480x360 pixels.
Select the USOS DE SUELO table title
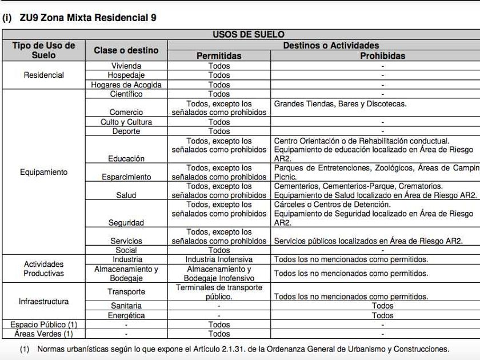248,35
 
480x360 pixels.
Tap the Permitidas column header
219,55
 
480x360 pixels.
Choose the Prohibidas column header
382,55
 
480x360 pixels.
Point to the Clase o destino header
126,50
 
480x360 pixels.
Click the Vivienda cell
126,66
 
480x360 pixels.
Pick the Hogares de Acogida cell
126,85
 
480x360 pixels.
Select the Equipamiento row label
43,172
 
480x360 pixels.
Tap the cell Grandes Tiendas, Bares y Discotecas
340,104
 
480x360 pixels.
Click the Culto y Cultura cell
126,122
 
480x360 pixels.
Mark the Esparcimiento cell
126,177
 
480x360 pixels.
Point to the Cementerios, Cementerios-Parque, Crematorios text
358,186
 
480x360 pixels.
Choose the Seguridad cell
126,223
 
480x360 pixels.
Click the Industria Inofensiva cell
219,259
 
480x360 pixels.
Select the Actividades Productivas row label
43,269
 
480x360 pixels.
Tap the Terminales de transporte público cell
219,292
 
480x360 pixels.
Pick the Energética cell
126,315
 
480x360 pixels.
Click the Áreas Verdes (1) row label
43,334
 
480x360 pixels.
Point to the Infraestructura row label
43,301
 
